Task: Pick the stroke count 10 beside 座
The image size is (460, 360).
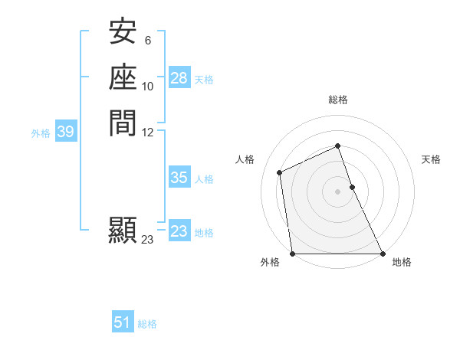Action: point(148,86)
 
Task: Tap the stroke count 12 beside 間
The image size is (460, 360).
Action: point(148,132)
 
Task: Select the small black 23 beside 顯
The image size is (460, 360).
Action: point(148,240)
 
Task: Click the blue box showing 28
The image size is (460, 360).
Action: point(179,78)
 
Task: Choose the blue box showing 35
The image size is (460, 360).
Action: point(179,178)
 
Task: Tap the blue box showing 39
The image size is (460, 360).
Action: point(66,133)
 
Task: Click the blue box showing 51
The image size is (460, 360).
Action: point(123,322)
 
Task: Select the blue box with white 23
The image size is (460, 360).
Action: point(179,231)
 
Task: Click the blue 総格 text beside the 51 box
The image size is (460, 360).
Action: point(147,324)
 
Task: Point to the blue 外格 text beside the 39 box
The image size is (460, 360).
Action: point(41,133)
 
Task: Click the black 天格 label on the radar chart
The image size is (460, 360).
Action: point(432,159)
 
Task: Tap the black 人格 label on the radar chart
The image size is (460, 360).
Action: point(245,159)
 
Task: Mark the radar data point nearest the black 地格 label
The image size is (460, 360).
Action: point(382,253)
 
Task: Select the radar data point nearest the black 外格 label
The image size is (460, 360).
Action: point(293,253)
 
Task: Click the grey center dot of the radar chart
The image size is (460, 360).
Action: point(337,191)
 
